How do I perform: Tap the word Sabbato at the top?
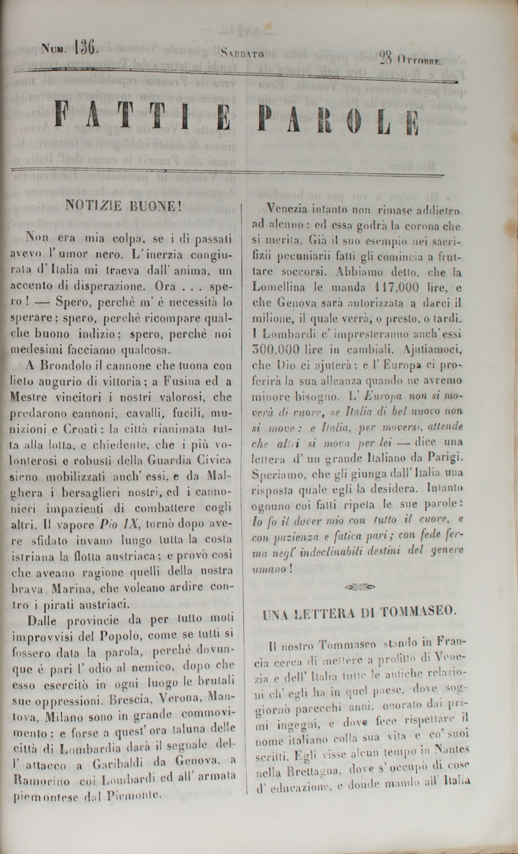click(243, 53)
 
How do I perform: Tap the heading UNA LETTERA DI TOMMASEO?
click(360, 613)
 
